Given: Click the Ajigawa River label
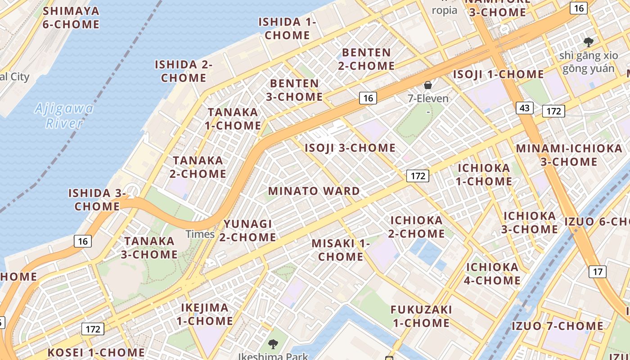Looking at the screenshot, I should pyautogui.click(x=64, y=116).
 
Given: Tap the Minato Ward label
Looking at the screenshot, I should pyautogui.click(x=314, y=191).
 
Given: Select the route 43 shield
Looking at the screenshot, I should pyautogui.click(x=524, y=108).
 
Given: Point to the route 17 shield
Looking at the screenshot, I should pyautogui.click(x=597, y=271).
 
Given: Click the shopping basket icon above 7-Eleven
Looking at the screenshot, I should pyautogui.click(x=428, y=85).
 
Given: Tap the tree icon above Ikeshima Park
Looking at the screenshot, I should pyautogui.click(x=273, y=344).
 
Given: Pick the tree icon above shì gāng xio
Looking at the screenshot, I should pyautogui.click(x=588, y=42).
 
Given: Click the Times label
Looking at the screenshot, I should pyautogui.click(x=200, y=234).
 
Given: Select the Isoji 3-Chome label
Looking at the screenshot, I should pyautogui.click(x=350, y=148).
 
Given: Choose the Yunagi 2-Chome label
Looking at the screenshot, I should pyautogui.click(x=249, y=230).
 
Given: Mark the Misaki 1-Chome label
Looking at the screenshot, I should pyautogui.click(x=341, y=250).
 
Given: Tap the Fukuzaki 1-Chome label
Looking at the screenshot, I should pyautogui.click(x=421, y=316).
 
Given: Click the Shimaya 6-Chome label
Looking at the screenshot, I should pyautogui.click(x=71, y=18).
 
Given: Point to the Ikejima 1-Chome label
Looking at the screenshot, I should pyautogui.click(x=205, y=315).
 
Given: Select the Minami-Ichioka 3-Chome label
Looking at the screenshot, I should pyautogui.click(x=569, y=155).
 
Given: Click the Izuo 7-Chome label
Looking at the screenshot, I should pyautogui.click(x=558, y=326).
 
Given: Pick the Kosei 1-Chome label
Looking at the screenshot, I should pyautogui.click(x=96, y=352).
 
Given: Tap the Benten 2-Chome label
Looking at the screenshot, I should pyautogui.click(x=366, y=59).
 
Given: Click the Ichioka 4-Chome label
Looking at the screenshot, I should pyautogui.click(x=492, y=274).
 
